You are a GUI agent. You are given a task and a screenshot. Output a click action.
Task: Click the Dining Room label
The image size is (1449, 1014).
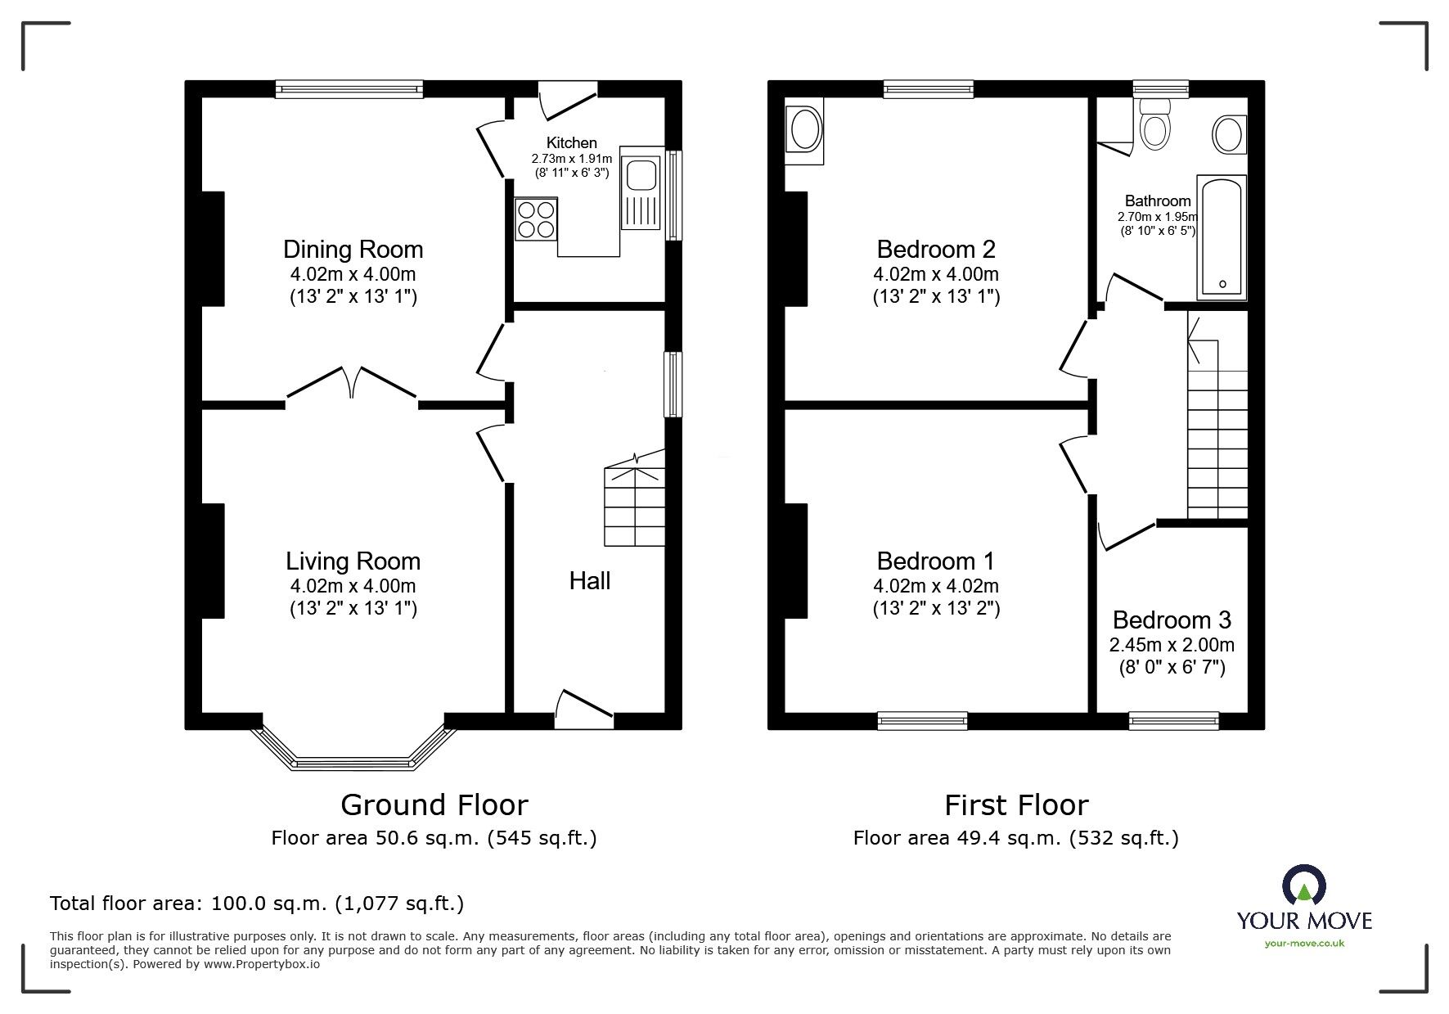tap(353, 249)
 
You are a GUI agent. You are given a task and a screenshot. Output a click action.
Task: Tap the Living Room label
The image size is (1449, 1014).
tap(353, 561)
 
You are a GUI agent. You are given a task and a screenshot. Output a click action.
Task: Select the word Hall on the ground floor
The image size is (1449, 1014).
tap(590, 581)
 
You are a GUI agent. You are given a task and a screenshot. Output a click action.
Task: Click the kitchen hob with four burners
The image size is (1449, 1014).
tap(536, 219)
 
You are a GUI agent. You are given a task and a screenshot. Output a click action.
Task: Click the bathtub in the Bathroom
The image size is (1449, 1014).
tap(1222, 236)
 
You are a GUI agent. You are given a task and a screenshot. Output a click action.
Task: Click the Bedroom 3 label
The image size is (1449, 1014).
tap(1172, 620)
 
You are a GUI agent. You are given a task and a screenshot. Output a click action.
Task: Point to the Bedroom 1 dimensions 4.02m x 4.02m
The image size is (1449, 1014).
tap(936, 586)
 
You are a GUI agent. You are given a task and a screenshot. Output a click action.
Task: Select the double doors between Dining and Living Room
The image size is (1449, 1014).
tap(353, 385)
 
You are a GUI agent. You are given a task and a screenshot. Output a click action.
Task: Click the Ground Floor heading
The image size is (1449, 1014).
tap(434, 805)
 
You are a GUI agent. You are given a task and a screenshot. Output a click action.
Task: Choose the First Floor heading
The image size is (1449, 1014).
tap(1016, 805)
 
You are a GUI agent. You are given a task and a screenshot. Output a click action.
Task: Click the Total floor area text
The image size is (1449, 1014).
tap(257, 904)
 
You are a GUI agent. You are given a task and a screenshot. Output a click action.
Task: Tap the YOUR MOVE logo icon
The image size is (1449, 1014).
tap(1303, 886)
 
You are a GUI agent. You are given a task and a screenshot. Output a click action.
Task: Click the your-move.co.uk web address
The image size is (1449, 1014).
tap(1304, 944)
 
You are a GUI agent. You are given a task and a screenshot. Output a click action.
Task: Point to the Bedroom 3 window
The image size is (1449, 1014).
tap(1174, 721)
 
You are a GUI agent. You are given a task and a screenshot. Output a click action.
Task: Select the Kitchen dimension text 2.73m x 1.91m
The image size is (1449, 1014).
tap(572, 159)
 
